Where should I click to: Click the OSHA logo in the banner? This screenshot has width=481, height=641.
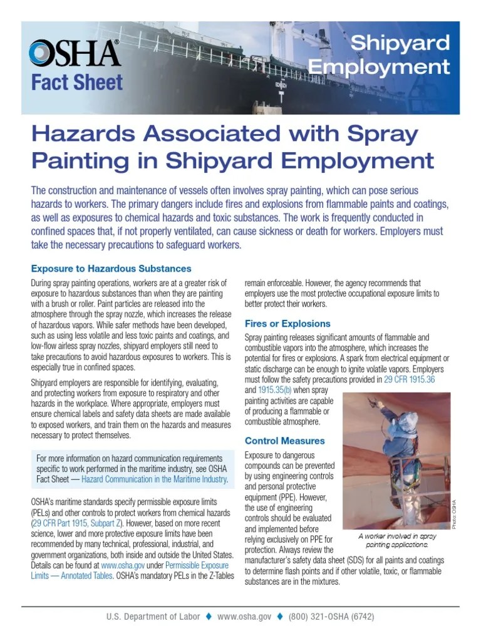75,53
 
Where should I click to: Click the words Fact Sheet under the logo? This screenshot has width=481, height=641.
76,83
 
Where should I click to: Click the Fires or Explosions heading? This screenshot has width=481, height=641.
287,324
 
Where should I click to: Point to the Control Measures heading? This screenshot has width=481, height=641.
284,441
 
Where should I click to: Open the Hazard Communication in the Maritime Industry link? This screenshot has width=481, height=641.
155,479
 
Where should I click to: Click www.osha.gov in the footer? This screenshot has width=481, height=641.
244,617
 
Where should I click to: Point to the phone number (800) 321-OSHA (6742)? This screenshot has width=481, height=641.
331,617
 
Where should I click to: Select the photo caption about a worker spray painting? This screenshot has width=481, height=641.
398,541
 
